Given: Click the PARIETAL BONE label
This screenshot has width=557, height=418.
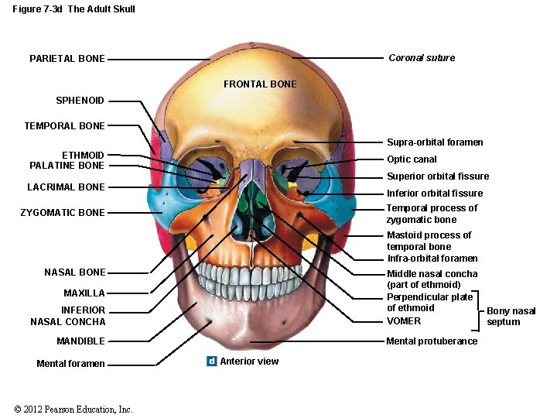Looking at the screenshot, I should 67,59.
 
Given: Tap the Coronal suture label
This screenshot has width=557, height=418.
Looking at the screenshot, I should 422,58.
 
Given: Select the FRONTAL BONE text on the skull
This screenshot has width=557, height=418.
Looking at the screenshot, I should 260,84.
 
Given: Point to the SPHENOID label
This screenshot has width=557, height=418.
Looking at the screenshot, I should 80,101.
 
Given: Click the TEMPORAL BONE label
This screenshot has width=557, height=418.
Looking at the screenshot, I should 64,125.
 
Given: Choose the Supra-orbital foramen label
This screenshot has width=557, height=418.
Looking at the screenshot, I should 435,142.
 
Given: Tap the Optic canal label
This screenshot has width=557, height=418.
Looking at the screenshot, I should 412,159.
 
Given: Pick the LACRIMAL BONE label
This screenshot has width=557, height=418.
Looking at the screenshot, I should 66,187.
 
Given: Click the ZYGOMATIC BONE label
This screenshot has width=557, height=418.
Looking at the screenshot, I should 63,213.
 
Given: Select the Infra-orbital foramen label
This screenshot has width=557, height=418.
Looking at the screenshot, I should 432,259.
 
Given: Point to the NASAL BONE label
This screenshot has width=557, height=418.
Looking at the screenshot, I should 75,272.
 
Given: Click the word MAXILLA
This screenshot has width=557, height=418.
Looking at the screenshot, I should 84,293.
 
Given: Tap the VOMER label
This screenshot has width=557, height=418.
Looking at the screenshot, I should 404,321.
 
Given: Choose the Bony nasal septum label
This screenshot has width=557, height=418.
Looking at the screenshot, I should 511,317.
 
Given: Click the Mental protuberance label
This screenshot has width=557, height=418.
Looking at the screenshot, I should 432,341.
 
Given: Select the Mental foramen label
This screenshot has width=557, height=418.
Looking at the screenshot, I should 70,364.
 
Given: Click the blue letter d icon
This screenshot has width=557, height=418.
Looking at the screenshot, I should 211,361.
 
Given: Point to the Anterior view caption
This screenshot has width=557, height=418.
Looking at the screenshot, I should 249,361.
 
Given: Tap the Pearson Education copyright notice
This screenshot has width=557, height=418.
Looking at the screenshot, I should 73,409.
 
